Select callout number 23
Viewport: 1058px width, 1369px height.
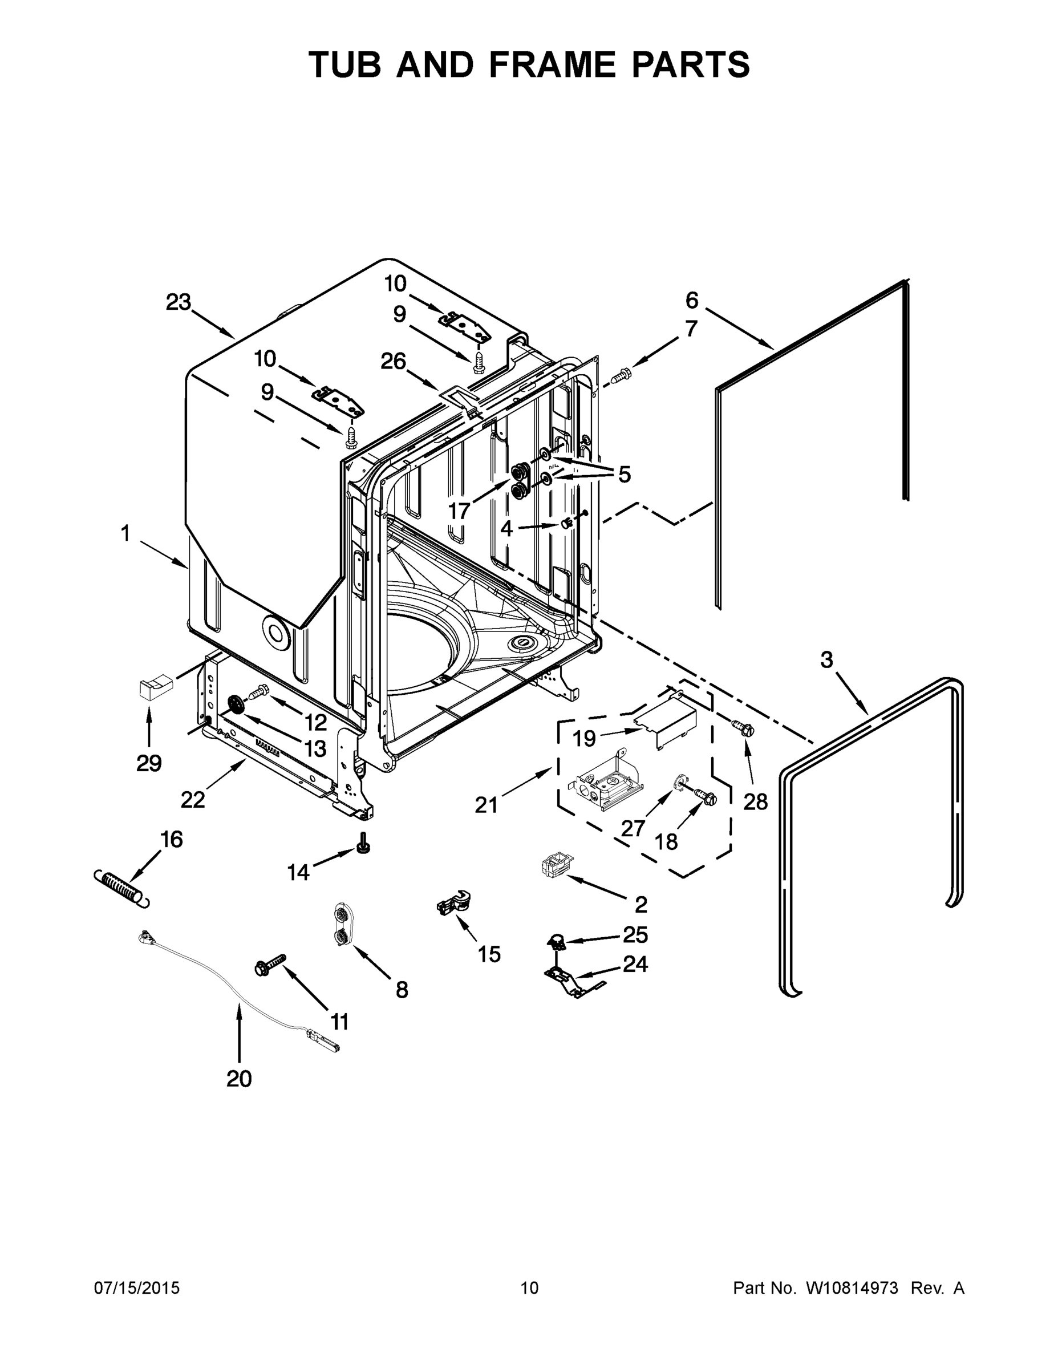(x=178, y=303)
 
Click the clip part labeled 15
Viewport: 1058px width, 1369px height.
(x=455, y=902)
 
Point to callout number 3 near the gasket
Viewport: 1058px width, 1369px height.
(x=826, y=659)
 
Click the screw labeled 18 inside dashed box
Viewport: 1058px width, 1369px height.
(x=705, y=799)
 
